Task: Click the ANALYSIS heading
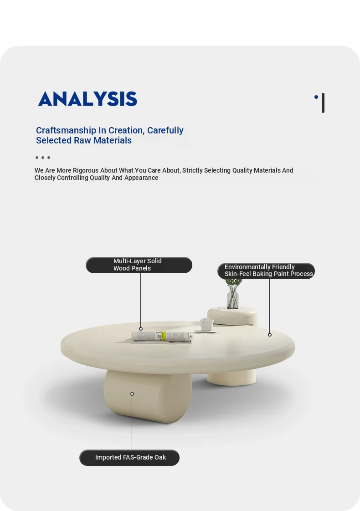pyautogui.click(x=87, y=99)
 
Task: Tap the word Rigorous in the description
pyautogui.click(x=85, y=170)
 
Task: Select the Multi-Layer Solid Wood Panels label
pyautogui.click(x=139, y=265)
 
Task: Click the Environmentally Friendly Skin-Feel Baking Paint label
pyautogui.click(x=266, y=271)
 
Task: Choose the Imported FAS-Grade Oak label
pyautogui.click(x=129, y=458)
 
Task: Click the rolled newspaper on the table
pyautogui.click(x=162, y=336)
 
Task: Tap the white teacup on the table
pyautogui.click(x=206, y=325)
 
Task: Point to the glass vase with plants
pyautogui.click(x=233, y=294)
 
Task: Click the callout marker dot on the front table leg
pyautogui.click(x=132, y=394)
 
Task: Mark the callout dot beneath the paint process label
pyautogui.click(x=270, y=335)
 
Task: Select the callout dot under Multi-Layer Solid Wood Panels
pyautogui.click(x=141, y=329)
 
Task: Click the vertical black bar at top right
pyautogui.click(x=323, y=103)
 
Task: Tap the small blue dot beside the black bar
pyautogui.click(x=316, y=97)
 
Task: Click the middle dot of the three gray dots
pyautogui.click(x=43, y=158)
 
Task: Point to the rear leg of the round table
pyautogui.click(x=231, y=378)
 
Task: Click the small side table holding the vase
pyautogui.click(x=232, y=316)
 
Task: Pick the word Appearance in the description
pyautogui.click(x=141, y=178)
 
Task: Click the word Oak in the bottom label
pyautogui.click(x=160, y=458)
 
